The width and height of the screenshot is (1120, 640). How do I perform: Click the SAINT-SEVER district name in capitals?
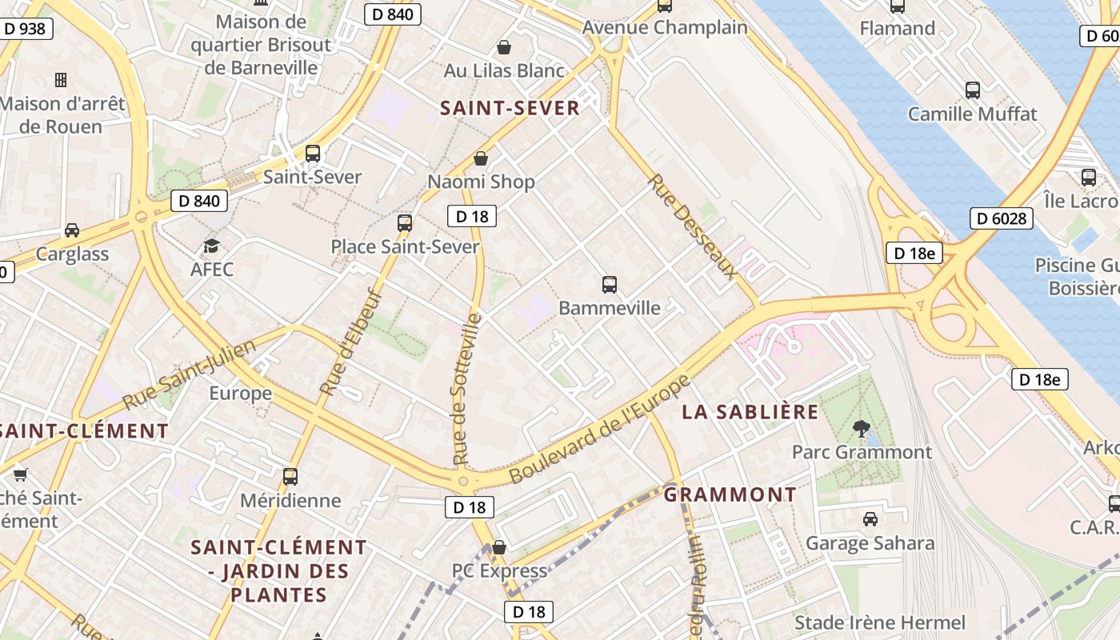510,108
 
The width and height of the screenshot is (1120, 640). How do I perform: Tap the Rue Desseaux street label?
692,226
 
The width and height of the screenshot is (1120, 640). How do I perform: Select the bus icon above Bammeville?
610,284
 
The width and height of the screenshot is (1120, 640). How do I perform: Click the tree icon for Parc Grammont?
861,429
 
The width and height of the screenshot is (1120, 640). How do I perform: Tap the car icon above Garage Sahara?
870,519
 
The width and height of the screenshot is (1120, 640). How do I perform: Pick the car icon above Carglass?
72,230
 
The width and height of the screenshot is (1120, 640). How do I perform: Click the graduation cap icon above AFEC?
211,246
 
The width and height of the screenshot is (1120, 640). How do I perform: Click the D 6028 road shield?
1002,218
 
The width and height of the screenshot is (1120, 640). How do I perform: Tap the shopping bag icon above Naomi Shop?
481,158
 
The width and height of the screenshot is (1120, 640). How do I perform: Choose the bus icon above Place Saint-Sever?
405,222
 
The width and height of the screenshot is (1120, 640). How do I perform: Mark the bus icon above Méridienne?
290,477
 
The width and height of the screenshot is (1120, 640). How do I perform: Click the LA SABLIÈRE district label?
750,412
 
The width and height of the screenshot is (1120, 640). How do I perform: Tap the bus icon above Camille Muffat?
973,90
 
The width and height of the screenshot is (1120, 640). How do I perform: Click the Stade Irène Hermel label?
880,622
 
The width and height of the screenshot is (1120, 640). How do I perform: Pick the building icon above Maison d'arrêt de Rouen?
61,79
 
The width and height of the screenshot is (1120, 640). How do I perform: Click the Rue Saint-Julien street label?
190,374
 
